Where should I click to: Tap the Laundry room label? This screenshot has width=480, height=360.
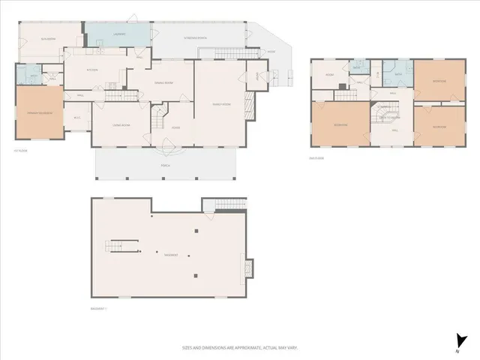click(98, 34)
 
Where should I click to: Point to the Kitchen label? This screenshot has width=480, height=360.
click(93, 70)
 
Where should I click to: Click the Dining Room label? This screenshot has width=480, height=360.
click(163, 82)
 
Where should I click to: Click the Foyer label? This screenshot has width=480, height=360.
click(175, 127)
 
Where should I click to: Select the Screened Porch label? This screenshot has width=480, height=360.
click(196, 37)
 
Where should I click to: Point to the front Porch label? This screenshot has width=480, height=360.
click(165, 165)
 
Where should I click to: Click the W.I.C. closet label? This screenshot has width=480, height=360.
click(76, 118)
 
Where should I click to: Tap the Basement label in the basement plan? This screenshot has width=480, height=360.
click(171, 255)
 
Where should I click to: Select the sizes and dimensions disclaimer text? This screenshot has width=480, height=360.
click(235, 347)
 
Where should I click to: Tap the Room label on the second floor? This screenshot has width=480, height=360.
click(329, 75)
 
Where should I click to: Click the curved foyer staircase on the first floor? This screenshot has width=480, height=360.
click(157, 118)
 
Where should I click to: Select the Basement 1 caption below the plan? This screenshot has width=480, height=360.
click(100, 308)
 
